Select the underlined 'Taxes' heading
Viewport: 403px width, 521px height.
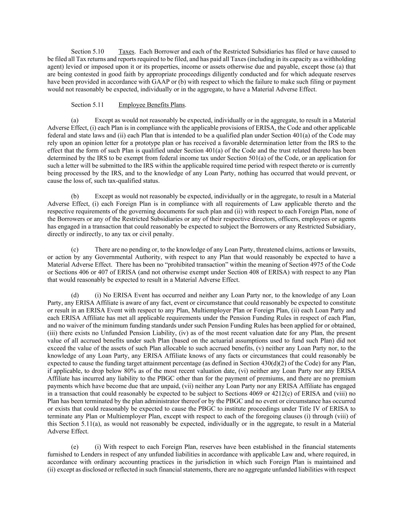pyautogui.click(x=126, y=52)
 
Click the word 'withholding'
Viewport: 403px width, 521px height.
pyautogui.click(x=341, y=59)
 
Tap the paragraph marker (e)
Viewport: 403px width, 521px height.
pyautogui.click(x=75, y=447)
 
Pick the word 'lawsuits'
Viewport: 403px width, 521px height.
pyautogui.click(x=344, y=250)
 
